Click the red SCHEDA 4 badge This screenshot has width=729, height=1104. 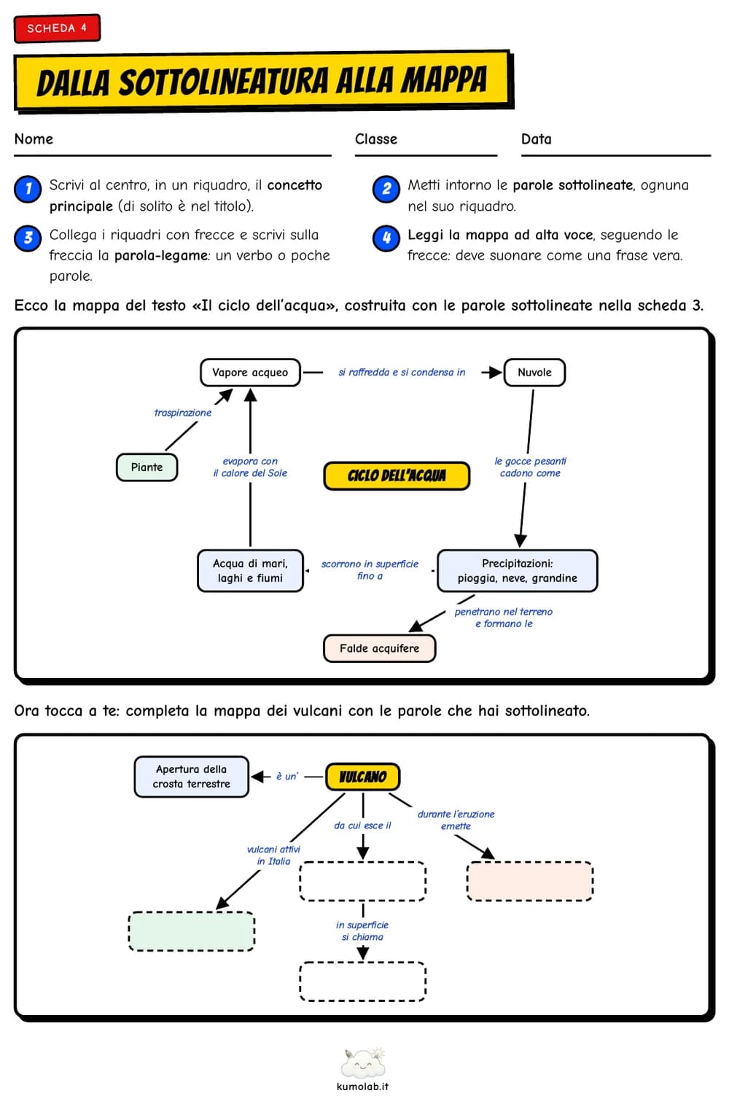[x=57, y=28]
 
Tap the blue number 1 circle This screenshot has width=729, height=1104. [x=28, y=189]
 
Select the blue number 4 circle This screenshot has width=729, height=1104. [x=386, y=238]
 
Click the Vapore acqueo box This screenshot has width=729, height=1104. [x=250, y=373]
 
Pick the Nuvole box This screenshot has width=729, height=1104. [x=534, y=373]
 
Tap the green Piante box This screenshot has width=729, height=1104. [x=147, y=467]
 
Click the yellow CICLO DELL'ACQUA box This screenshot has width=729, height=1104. [x=397, y=475]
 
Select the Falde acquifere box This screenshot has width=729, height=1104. [x=379, y=648]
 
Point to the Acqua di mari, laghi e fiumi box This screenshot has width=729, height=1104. [x=250, y=571]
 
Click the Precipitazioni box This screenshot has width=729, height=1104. [x=517, y=571]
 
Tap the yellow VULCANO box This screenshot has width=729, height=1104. [x=363, y=777]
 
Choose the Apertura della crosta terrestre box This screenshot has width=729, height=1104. [x=192, y=777]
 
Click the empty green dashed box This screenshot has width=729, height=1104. [x=192, y=931]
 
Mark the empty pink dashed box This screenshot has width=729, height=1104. [x=530, y=881]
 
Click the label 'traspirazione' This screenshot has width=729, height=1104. [x=183, y=413]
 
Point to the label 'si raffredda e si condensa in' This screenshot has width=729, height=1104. [x=402, y=372]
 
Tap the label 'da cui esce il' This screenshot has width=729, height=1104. [x=362, y=825]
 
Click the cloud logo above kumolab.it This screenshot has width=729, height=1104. [x=363, y=1063]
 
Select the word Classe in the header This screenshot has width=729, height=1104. [x=376, y=139]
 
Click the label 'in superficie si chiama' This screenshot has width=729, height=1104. [x=362, y=931]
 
